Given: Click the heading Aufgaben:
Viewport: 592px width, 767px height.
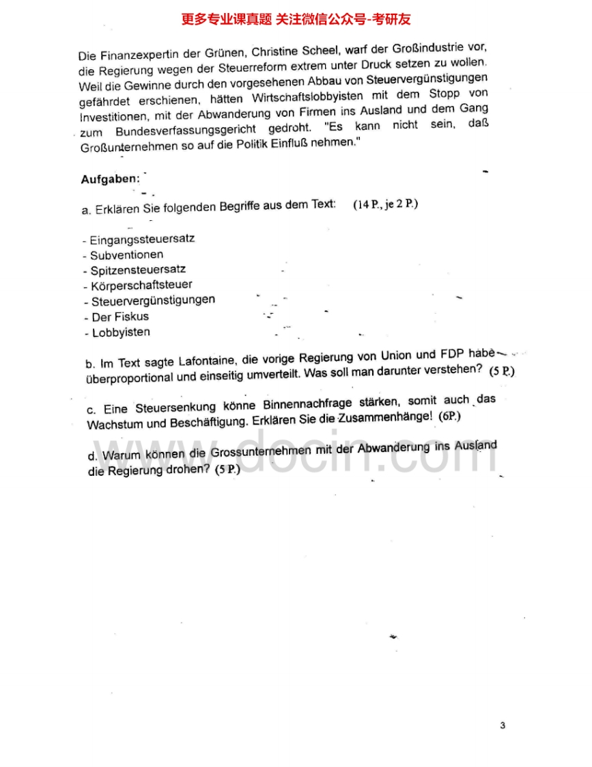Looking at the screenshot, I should click(110, 179).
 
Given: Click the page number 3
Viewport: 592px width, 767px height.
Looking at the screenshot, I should click(502, 725).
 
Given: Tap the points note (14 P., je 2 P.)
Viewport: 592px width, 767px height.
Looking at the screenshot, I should click(385, 204).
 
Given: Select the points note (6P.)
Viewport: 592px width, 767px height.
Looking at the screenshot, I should click(450, 416).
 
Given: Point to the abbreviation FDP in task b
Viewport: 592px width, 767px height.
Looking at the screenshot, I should click(452, 354).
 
